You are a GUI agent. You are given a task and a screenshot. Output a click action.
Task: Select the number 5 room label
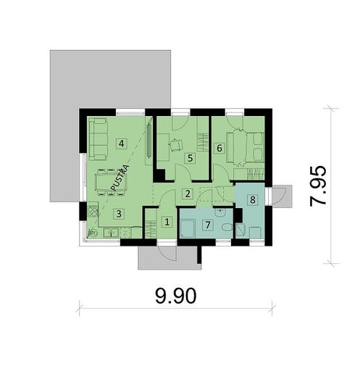pos(190,157)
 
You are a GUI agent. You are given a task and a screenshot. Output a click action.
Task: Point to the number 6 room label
pos(219,148)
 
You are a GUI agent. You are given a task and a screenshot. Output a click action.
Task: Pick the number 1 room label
pos(167,223)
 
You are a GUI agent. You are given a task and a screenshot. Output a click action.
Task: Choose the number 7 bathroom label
pos(208,225)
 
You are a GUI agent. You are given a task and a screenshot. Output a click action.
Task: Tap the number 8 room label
pos(252,199)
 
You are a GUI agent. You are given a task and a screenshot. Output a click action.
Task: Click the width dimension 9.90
pos(175,296)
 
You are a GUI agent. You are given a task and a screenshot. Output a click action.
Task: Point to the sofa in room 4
pos(95,138)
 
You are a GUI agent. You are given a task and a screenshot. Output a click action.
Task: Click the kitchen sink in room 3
pos(108,233)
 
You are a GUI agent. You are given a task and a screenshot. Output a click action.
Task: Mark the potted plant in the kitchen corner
pos(91,233)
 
